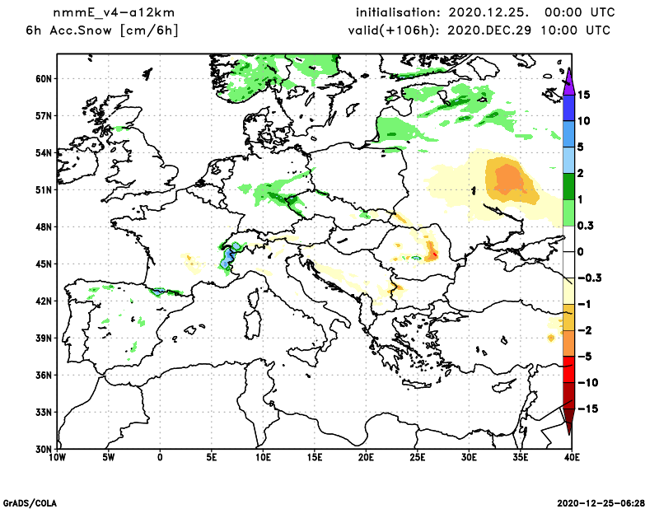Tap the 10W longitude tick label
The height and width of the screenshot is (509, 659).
coord(57,456)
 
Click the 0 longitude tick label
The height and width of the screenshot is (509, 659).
coord(160,456)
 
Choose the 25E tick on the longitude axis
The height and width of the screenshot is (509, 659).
coord(418,456)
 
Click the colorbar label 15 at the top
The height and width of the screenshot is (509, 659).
coord(583,95)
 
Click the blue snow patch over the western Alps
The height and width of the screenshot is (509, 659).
coord(226,260)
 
